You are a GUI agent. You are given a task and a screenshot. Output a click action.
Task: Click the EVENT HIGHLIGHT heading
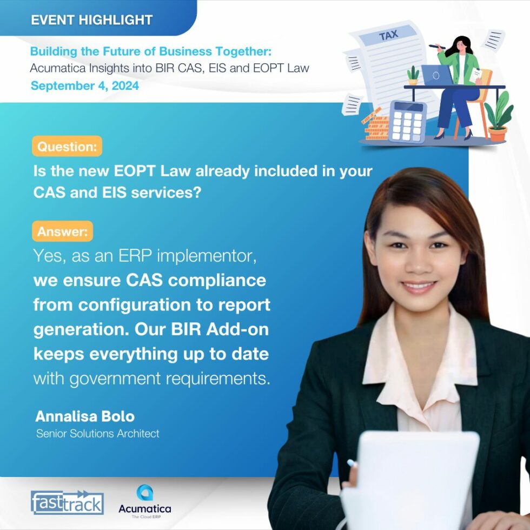91,19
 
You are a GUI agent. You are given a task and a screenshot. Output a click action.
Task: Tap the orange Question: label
67,147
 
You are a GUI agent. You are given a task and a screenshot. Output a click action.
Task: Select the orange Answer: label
63,231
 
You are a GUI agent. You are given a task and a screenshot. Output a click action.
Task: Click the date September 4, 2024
84,85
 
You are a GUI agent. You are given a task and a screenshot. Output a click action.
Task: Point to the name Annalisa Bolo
85,416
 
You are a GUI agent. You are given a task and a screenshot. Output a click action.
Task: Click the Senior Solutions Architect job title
98,433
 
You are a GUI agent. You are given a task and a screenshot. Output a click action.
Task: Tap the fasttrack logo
67,502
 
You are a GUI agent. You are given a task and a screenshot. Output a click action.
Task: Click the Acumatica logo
145,502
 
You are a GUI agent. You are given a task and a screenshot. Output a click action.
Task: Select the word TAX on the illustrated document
389,35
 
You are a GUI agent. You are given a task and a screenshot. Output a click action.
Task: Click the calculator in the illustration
408,121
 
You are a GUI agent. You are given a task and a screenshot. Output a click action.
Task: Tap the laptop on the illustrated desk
437,75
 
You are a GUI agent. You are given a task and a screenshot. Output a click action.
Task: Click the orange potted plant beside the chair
498,117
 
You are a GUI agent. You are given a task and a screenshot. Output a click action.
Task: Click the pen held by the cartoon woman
438,47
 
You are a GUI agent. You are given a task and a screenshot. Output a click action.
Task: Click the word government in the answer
115,379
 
